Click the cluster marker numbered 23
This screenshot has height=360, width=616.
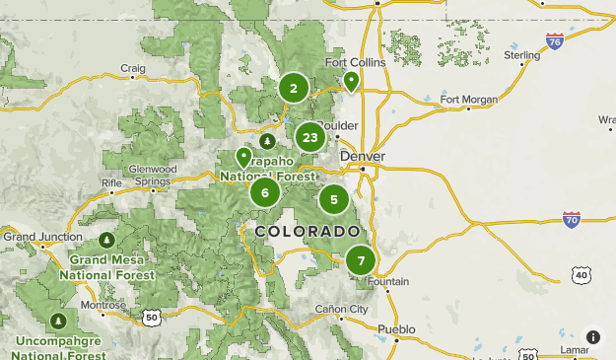point(310,138)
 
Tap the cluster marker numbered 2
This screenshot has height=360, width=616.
point(293,89)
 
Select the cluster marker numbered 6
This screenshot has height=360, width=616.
point(265,192)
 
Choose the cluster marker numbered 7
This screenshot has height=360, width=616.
point(361,261)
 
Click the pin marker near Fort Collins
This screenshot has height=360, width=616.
point(351,82)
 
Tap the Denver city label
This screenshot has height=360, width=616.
point(362,157)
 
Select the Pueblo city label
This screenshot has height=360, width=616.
point(396,328)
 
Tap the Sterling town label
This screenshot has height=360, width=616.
point(522,55)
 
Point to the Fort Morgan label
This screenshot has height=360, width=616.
point(468,99)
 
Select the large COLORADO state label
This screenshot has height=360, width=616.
point(307,231)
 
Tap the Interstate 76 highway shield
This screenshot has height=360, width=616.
point(555,41)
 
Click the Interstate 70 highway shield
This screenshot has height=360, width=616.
point(572,219)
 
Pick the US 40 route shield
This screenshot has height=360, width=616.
point(581,275)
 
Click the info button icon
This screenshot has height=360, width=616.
point(593,337)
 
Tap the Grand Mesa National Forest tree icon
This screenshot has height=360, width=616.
point(106,241)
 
